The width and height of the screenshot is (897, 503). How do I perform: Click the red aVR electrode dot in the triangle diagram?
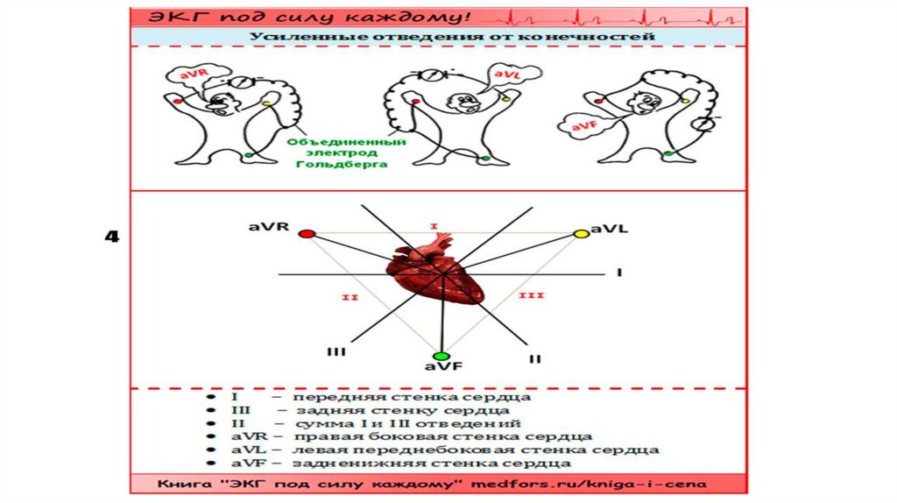point(306,234)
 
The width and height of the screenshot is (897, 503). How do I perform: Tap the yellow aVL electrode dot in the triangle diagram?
point(580,233)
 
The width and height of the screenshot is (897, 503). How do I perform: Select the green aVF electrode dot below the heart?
point(442,357)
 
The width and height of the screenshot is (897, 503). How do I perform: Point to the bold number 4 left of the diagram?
point(111,237)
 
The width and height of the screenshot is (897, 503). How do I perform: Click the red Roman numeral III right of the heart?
point(532,295)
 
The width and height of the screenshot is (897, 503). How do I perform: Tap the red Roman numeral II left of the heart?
point(350,298)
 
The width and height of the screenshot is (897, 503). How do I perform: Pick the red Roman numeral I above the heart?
point(433,226)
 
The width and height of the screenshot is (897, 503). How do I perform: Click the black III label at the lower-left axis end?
point(335,351)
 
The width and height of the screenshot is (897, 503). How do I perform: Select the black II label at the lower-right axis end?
point(534,358)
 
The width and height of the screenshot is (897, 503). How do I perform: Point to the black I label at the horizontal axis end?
point(618,273)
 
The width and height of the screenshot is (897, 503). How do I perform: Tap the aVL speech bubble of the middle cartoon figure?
point(505,76)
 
